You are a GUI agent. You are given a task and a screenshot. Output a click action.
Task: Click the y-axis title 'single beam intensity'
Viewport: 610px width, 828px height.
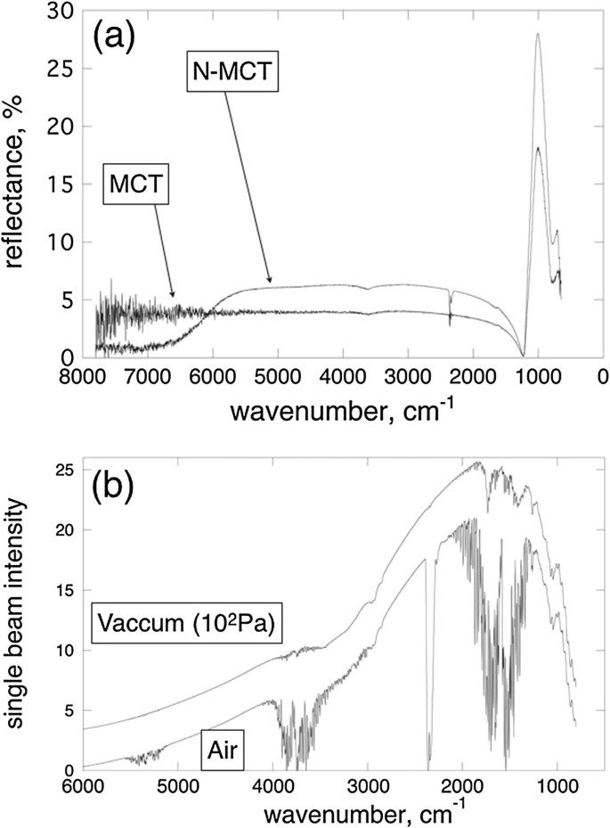pyautogui.click(x=20, y=613)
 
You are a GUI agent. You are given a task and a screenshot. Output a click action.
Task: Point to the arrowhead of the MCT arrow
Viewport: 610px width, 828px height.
pyautogui.click(x=174, y=296)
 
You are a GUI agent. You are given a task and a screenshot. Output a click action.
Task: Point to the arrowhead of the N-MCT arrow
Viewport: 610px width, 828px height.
pyautogui.click(x=270, y=283)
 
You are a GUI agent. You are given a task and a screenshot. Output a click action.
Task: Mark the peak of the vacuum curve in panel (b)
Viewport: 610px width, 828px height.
pyautogui.click(x=478, y=462)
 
